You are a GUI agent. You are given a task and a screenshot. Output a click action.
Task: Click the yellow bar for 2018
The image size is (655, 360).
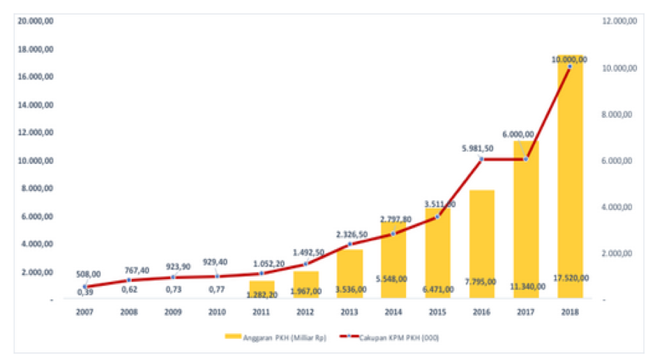point(570,181)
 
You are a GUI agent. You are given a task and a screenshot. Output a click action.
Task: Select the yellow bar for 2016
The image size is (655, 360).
point(482,244)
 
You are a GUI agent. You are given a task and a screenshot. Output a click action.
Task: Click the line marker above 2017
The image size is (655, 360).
point(526,159)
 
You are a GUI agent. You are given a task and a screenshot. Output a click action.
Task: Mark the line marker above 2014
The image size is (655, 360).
point(393,234)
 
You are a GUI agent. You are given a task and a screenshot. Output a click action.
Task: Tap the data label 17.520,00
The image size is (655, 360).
point(570,278)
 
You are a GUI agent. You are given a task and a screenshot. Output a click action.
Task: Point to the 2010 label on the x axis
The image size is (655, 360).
point(217,312)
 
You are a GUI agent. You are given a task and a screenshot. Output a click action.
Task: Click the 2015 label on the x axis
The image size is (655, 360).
point(437,312)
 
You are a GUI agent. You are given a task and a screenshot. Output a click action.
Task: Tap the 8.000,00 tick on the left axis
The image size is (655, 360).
point(40,188)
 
